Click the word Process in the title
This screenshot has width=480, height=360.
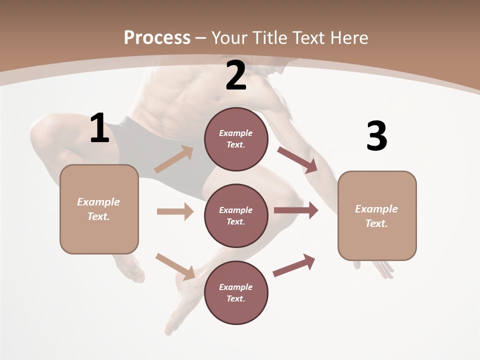(x=157, y=37)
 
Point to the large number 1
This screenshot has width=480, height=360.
(x=99, y=128)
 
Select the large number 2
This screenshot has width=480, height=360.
(x=236, y=75)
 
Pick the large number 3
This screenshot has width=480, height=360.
(x=376, y=136)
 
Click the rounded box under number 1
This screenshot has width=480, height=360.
(x=99, y=209)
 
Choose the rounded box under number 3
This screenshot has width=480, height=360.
(x=377, y=216)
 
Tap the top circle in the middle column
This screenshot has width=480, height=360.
(x=236, y=139)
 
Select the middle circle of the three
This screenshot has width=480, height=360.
(x=236, y=215)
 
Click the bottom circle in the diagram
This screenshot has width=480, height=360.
(x=236, y=292)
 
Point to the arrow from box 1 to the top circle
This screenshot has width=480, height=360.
(x=174, y=159)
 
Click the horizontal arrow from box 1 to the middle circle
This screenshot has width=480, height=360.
(x=175, y=211)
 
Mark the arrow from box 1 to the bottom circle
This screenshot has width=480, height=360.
(x=175, y=266)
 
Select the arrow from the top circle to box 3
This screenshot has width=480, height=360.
(x=297, y=160)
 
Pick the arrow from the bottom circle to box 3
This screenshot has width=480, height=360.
(x=294, y=265)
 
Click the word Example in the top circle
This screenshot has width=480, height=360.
(x=236, y=133)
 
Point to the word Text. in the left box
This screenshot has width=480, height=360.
(x=98, y=216)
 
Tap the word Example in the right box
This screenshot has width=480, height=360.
(x=376, y=209)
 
